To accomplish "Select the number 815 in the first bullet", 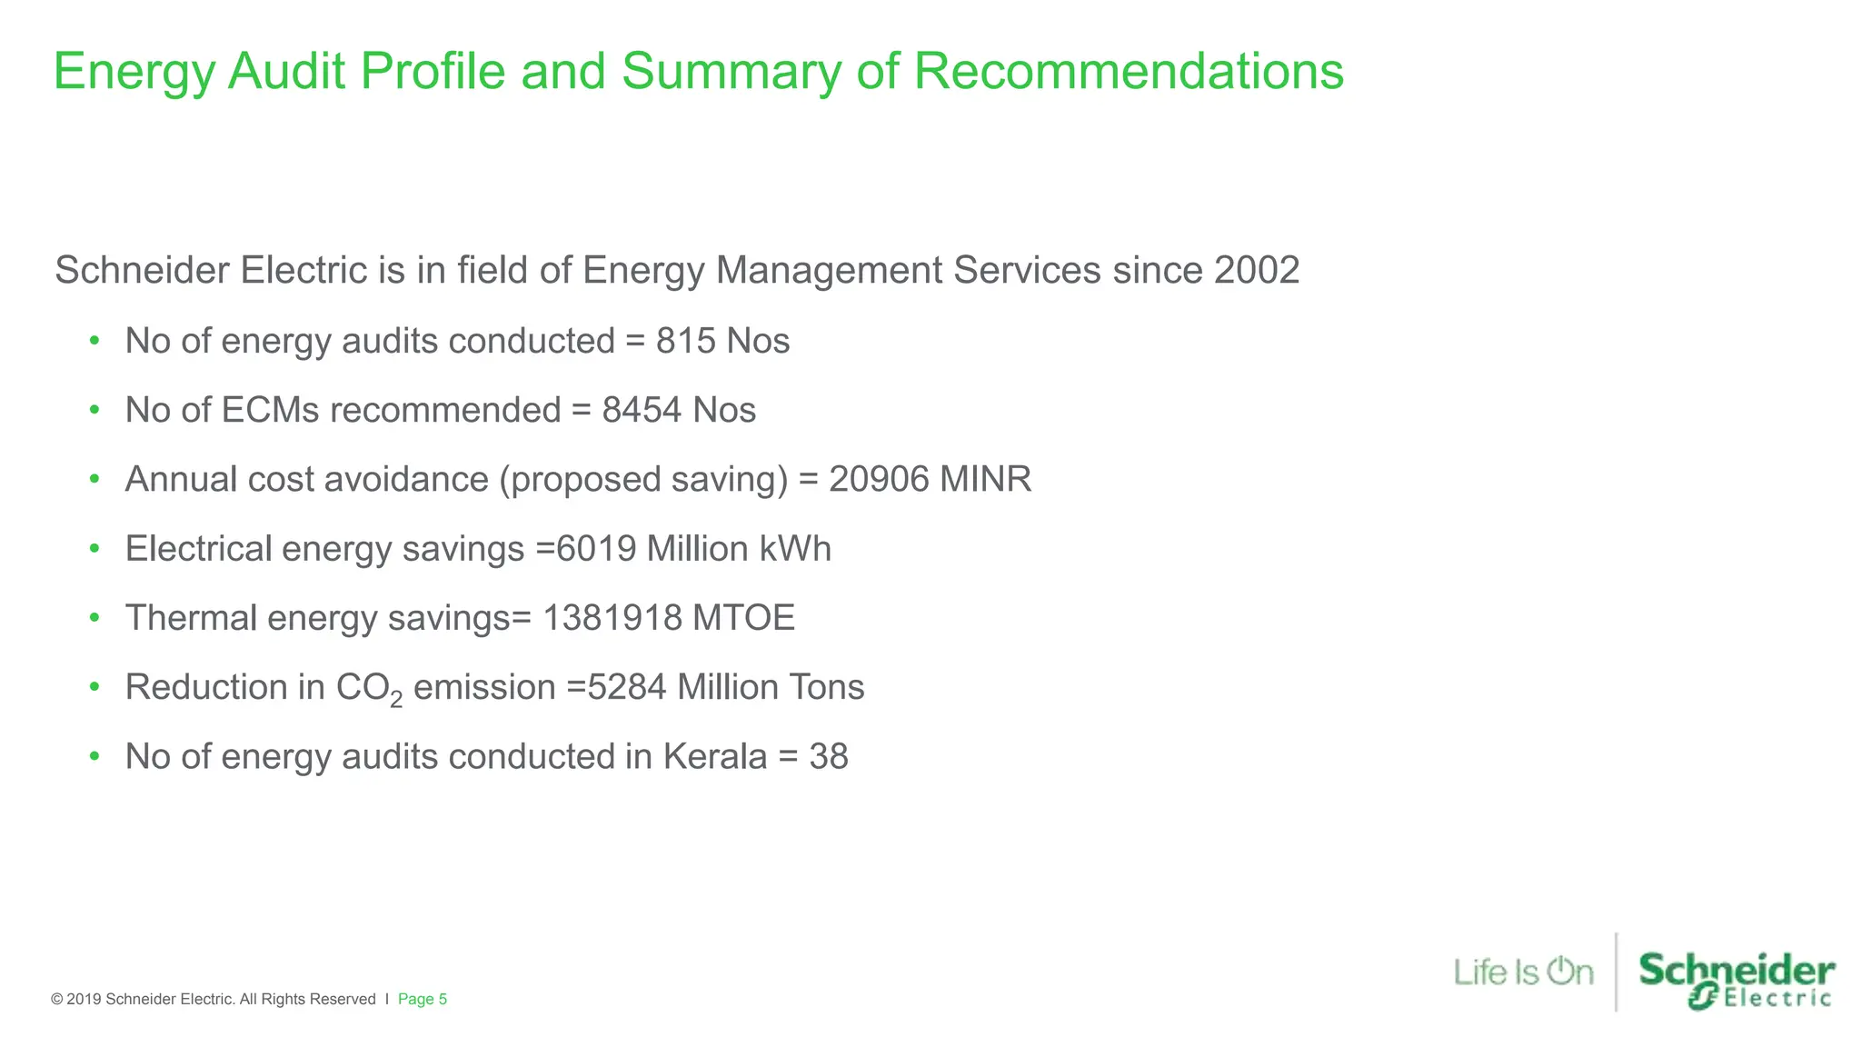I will coord(686,341).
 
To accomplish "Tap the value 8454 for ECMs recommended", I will coord(641,410).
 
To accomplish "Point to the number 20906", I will coord(879,479).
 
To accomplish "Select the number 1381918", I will coord(612,618).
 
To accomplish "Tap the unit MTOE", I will coord(743,618).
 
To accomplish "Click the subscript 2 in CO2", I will coord(396,700).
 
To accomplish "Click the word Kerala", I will coord(715,756).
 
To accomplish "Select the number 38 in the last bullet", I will coord(829,756).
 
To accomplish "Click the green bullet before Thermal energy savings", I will coord(95,618).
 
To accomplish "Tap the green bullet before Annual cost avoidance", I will coord(95,479).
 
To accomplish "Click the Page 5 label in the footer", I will coord(423,999).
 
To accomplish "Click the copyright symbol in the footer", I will coord(57,999).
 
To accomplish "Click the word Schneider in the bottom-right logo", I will coord(1737,970).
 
